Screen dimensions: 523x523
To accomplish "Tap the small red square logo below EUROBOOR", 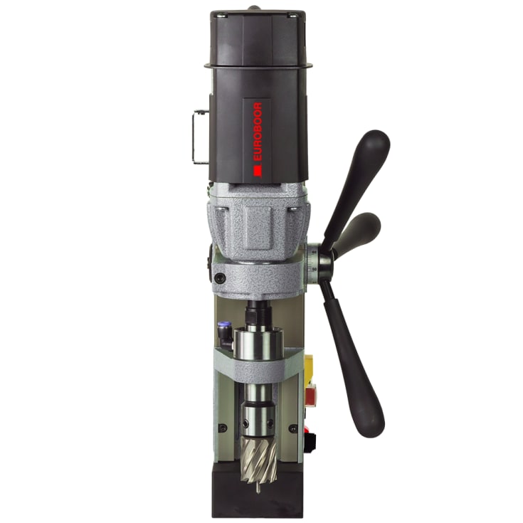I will [258, 171].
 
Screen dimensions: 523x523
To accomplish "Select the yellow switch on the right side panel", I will [310, 366].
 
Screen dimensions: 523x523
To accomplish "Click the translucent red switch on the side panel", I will [310, 395].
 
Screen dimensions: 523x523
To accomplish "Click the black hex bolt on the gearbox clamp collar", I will [220, 278].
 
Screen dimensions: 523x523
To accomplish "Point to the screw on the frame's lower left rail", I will [222, 428].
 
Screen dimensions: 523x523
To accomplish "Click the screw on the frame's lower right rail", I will [293, 428].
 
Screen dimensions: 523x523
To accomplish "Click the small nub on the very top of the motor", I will [253, 8].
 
